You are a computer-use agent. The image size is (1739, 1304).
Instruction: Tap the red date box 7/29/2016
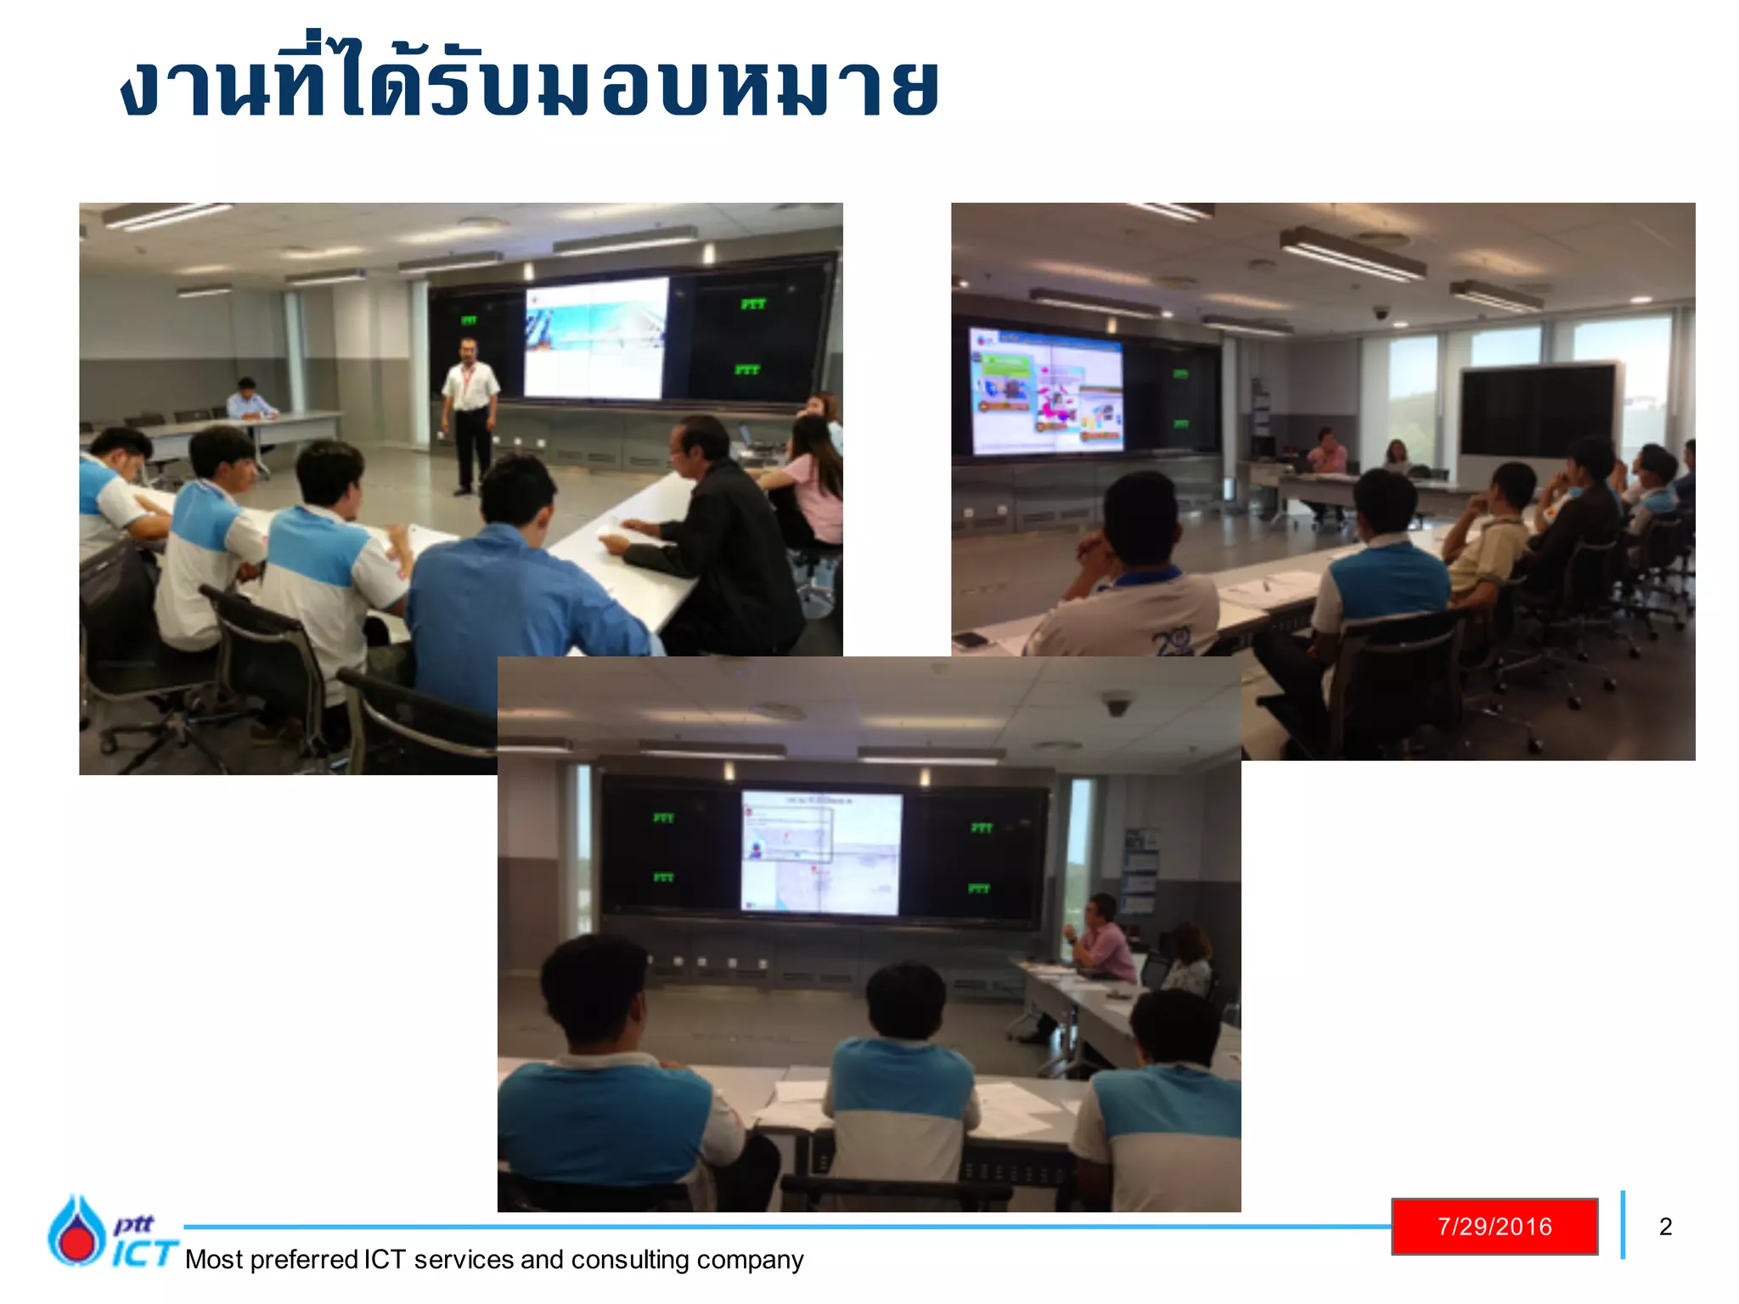1494,1226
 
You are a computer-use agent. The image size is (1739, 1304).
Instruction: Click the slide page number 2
1665,1226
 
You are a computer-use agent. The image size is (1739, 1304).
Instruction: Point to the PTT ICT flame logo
76,1231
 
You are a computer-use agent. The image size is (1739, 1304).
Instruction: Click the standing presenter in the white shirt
469,412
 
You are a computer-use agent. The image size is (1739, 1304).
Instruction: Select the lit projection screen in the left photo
595,337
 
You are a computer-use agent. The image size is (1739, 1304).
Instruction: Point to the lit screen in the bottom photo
820,852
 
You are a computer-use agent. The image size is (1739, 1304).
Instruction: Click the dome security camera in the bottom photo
1117,704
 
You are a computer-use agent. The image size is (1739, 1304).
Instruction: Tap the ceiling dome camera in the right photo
1382,312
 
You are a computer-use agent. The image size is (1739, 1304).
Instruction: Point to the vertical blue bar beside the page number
1623,1225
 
